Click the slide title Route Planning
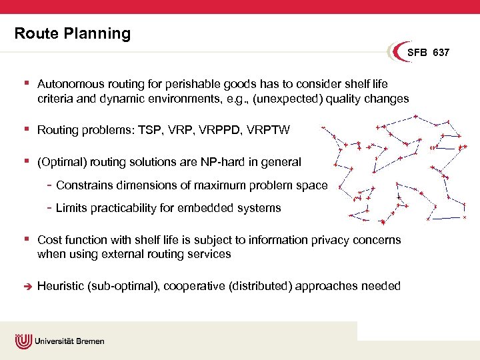click(x=73, y=33)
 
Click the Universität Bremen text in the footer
click(x=69, y=341)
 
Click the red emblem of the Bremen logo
click(x=23, y=341)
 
